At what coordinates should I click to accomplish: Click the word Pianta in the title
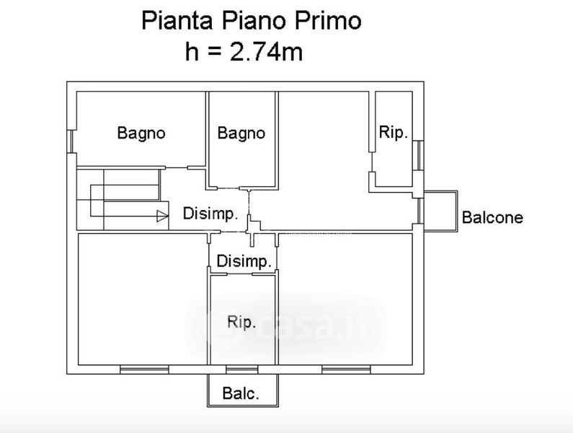(x=177, y=21)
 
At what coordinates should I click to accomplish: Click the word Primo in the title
(x=328, y=21)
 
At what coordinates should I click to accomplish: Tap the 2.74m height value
(x=267, y=52)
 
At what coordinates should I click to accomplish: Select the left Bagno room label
(x=141, y=134)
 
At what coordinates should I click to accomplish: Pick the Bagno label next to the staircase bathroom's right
(x=241, y=134)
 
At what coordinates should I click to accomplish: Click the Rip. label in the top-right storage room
(x=394, y=132)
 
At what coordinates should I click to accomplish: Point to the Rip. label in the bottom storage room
(x=241, y=322)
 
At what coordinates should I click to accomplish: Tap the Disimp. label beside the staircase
(x=210, y=214)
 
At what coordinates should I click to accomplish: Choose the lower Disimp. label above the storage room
(x=244, y=261)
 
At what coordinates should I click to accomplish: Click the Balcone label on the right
(x=492, y=217)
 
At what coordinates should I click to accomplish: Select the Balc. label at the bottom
(x=241, y=393)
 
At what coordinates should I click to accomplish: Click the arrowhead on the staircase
(x=162, y=216)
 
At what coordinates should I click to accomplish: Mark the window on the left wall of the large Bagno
(x=71, y=141)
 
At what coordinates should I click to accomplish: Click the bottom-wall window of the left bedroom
(x=144, y=369)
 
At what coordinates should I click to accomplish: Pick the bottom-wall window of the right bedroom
(x=346, y=369)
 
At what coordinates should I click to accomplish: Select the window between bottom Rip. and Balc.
(x=242, y=369)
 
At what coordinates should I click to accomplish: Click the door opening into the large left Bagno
(x=177, y=167)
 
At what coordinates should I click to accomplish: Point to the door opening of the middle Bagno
(x=228, y=188)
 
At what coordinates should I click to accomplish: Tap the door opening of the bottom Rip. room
(x=239, y=274)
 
